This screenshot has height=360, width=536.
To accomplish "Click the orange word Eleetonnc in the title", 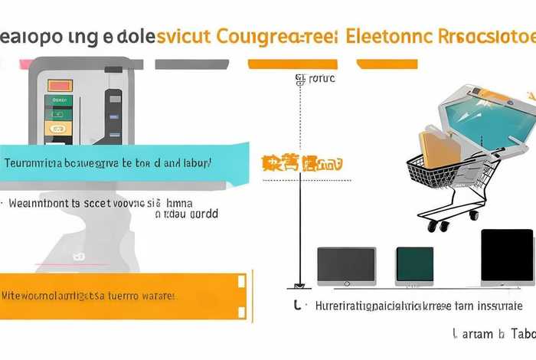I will point(390,37).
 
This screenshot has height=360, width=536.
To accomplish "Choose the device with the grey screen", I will point(346,266).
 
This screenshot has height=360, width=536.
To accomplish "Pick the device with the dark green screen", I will point(414,264).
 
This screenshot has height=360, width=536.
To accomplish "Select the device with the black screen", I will point(506,257).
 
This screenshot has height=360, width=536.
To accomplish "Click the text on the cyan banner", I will point(108,163).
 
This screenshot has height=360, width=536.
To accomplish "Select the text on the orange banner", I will point(89,294).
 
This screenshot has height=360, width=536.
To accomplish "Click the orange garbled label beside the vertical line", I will point(302,162).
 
